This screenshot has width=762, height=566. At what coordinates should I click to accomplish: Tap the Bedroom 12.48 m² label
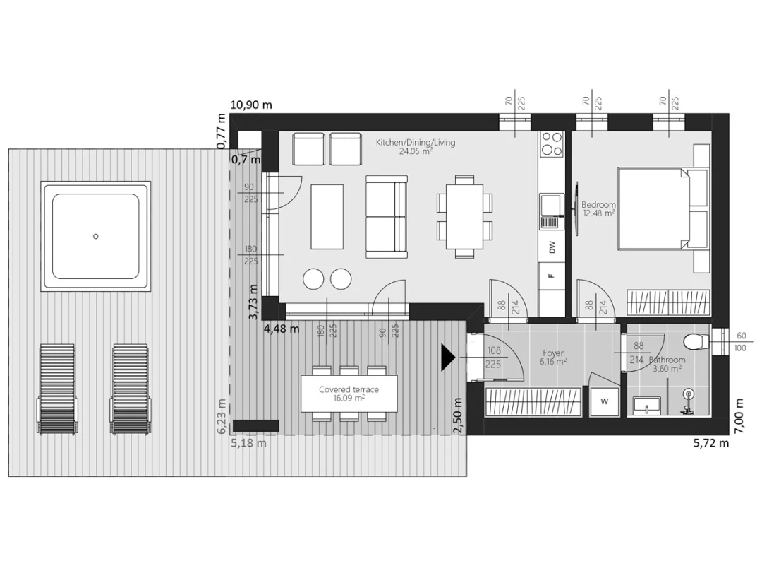(x=598, y=208)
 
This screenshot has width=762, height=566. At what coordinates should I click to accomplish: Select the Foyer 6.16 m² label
(x=553, y=358)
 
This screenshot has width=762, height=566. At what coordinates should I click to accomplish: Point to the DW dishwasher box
(x=552, y=248)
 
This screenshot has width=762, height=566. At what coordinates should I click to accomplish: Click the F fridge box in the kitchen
(x=552, y=276)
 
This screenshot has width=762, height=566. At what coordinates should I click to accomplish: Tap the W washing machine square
(x=605, y=401)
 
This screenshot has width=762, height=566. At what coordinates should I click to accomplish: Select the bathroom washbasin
(x=647, y=405)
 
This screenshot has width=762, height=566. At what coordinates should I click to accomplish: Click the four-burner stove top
(x=552, y=143)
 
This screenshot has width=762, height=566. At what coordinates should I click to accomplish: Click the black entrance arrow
(x=448, y=358)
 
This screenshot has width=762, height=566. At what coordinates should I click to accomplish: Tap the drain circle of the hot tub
(x=96, y=237)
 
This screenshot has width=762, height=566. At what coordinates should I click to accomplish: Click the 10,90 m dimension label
(x=251, y=105)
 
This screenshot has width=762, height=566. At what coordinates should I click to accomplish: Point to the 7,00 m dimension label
(x=739, y=416)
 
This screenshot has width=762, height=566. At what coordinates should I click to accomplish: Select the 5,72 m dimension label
(x=711, y=442)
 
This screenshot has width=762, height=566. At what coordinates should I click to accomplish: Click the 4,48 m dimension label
(x=282, y=329)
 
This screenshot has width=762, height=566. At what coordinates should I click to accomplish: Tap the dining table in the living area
(x=464, y=217)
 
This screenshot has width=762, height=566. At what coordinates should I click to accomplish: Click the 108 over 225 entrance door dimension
(x=494, y=358)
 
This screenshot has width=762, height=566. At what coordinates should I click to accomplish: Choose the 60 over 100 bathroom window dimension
(x=741, y=342)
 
